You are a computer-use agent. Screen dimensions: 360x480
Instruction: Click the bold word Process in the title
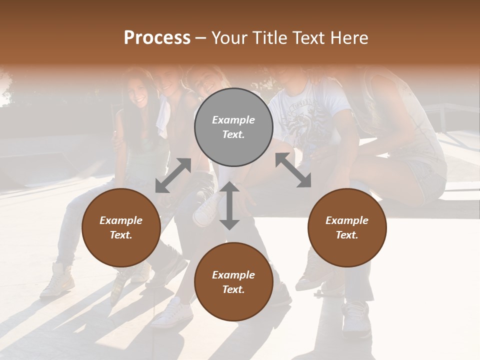click(x=157, y=38)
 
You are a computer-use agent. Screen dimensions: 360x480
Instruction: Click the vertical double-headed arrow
click(x=229, y=205)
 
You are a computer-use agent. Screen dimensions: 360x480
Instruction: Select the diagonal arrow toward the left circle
click(x=173, y=175)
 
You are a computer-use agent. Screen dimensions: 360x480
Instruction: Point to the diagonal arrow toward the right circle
click(x=293, y=170)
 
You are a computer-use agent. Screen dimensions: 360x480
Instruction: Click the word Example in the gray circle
click(x=233, y=120)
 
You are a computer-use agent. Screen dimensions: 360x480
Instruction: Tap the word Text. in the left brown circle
click(x=121, y=235)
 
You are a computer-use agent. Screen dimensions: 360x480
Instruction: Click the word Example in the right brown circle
click(x=347, y=220)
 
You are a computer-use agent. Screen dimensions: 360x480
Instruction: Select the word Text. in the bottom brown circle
click(x=233, y=289)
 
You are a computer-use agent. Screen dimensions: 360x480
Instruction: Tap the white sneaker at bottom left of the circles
click(x=57, y=280)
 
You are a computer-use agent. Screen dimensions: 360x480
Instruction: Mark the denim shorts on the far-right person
click(x=429, y=180)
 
